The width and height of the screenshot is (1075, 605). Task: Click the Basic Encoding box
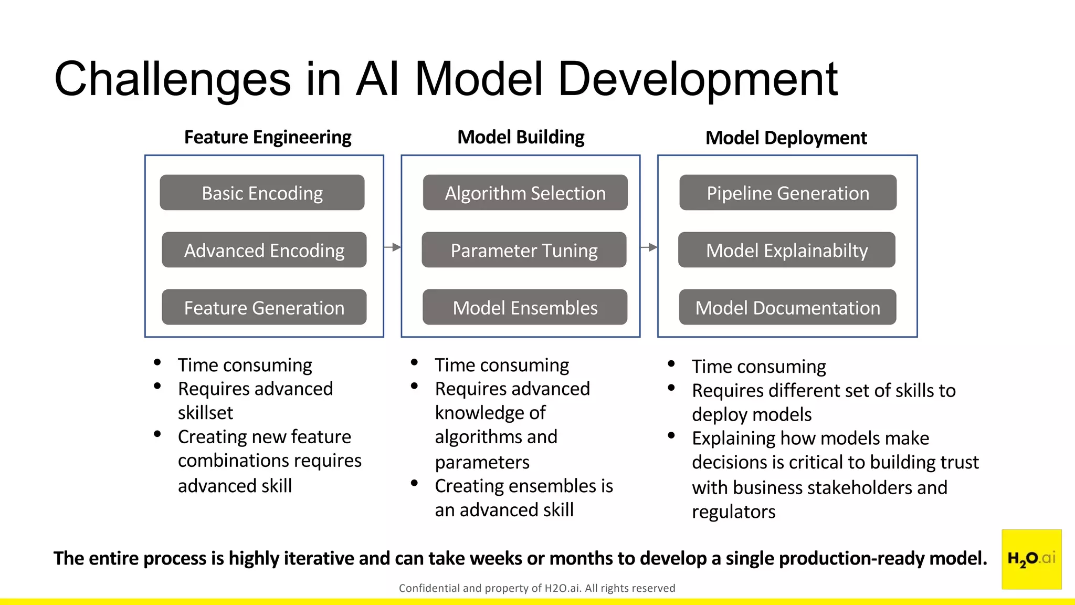click(x=262, y=193)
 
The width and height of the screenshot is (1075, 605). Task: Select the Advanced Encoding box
click(x=264, y=250)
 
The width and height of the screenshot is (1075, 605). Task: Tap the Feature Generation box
click(x=264, y=307)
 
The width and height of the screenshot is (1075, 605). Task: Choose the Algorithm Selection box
click(x=525, y=193)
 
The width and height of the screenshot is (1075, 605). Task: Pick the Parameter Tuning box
click(x=524, y=250)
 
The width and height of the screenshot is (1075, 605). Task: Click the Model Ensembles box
click(x=525, y=307)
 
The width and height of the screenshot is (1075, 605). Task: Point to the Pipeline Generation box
click(x=788, y=193)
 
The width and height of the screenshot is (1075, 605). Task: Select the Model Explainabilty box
click(x=786, y=250)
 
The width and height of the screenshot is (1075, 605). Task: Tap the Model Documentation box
click(x=787, y=307)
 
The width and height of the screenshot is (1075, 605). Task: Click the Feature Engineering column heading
click(x=268, y=137)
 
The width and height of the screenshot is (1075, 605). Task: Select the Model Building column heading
click(x=521, y=137)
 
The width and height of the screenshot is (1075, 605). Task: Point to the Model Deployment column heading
click(x=786, y=138)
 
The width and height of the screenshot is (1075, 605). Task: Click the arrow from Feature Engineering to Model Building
click(x=393, y=247)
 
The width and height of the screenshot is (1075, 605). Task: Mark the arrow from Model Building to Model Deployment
click(x=649, y=247)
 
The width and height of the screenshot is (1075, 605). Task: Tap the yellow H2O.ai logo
click(x=1031, y=559)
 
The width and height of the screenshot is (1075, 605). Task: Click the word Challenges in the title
click(x=172, y=79)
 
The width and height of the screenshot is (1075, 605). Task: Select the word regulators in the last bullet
click(x=733, y=512)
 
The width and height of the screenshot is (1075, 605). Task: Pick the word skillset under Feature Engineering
click(x=205, y=413)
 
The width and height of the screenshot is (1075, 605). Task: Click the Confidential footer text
click(x=536, y=588)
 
